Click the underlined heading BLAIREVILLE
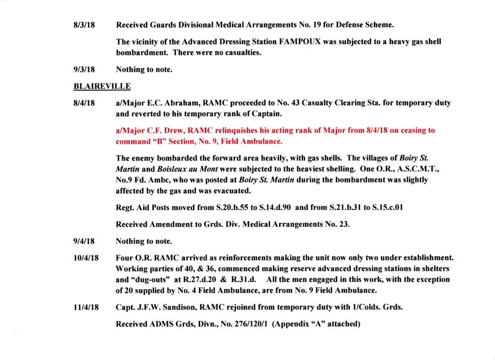[102, 86]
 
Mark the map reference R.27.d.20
[206, 280]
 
